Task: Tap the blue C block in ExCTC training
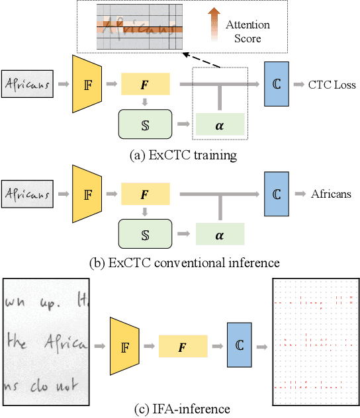(277, 84)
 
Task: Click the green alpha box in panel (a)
(220, 124)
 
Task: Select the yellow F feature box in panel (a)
(145, 84)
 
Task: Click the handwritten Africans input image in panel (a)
(27, 84)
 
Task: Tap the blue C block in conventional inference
(277, 194)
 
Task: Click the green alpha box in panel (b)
(220, 234)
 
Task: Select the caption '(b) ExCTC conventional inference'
(184, 263)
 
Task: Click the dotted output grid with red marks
(315, 342)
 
